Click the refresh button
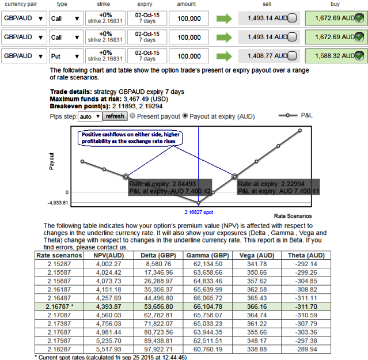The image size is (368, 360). click(x=115, y=116)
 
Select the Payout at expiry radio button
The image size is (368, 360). click(x=185, y=116)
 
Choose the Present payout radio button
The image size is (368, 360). click(x=132, y=116)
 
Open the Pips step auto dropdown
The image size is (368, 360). click(x=90, y=116)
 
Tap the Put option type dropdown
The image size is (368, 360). click(x=66, y=56)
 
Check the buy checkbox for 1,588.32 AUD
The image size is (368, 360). click(x=359, y=56)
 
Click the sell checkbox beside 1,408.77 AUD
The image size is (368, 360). click(x=292, y=56)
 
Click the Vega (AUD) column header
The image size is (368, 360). click(x=257, y=255)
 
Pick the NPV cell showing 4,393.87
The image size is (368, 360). click(x=109, y=306)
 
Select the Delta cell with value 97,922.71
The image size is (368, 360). click(x=158, y=349)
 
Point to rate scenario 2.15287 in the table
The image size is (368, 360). click(x=59, y=264)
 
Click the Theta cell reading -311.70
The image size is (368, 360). click(x=306, y=306)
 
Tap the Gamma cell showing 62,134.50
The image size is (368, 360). click(x=208, y=264)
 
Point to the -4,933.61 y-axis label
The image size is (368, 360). click(x=58, y=203)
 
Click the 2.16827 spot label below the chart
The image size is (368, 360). click(x=199, y=212)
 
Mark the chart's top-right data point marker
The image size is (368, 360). click(x=300, y=131)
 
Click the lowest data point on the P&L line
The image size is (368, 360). click(x=199, y=203)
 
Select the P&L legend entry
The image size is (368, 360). click(x=295, y=115)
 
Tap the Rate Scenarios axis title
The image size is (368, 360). click(x=293, y=216)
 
